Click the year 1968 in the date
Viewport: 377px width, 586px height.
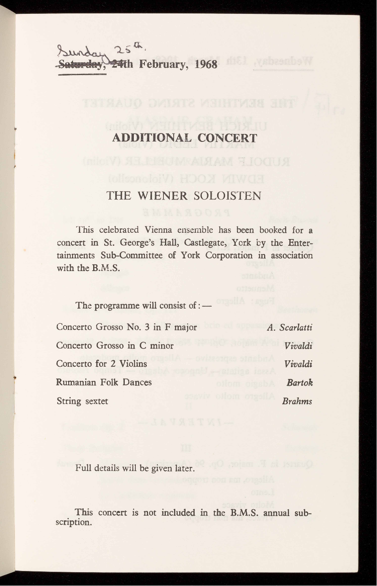(x=206, y=64)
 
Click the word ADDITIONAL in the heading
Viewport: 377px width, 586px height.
(x=152, y=138)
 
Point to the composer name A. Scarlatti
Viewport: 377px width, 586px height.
(x=290, y=328)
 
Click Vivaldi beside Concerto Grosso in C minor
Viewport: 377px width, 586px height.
(x=298, y=346)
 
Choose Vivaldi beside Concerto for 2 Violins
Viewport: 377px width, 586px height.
(x=298, y=364)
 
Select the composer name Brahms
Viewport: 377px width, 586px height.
(x=297, y=401)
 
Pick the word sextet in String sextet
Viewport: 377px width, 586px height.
(x=97, y=401)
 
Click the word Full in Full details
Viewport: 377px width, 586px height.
(x=83, y=469)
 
